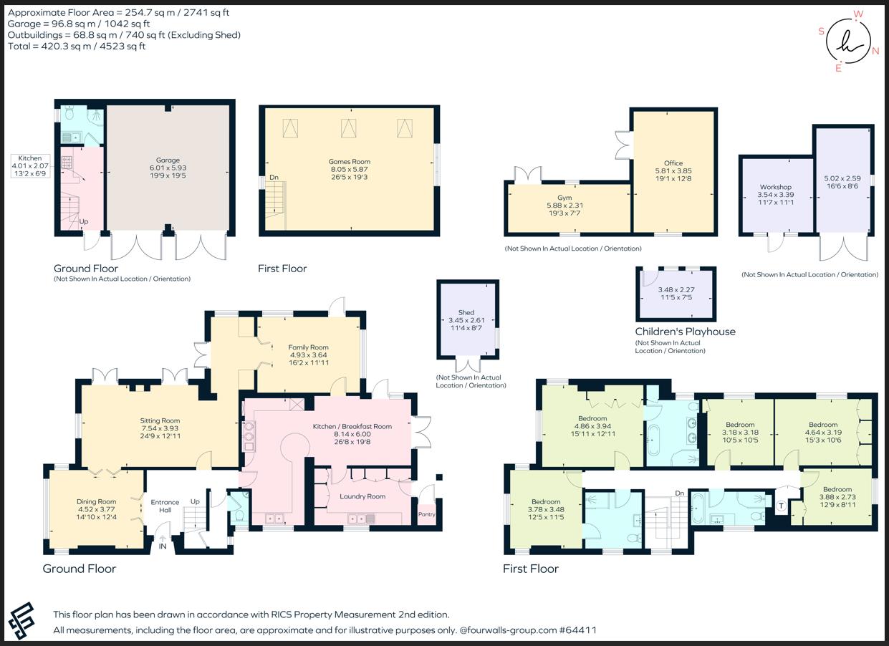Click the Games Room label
click(x=350, y=162)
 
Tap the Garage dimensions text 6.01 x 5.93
click(x=168, y=168)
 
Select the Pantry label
click(x=427, y=514)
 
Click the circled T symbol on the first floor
click(x=782, y=506)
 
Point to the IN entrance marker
click(x=163, y=546)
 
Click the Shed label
click(x=466, y=313)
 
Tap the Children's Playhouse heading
click(x=685, y=332)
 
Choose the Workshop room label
click(x=776, y=187)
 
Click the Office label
click(x=673, y=163)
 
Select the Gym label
click(x=564, y=198)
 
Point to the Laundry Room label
click(x=362, y=496)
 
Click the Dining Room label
click(x=97, y=501)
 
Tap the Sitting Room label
click(x=160, y=420)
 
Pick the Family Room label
click(x=308, y=347)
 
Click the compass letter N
click(x=875, y=51)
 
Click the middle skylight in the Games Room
click(x=348, y=128)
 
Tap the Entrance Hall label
click(x=165, y=506)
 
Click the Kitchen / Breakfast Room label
click(x=352, y=427)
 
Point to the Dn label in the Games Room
click(x=274, y=178)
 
